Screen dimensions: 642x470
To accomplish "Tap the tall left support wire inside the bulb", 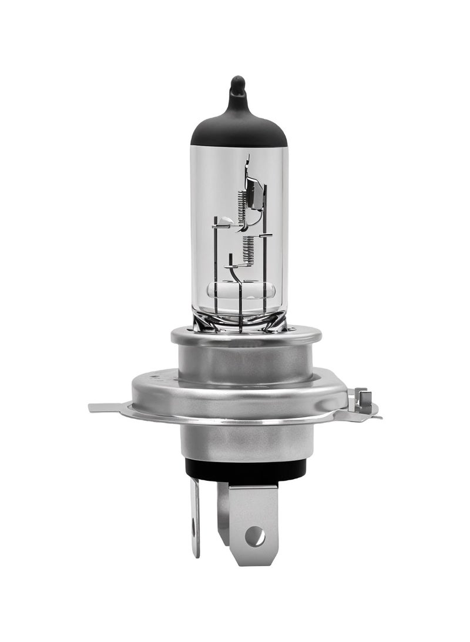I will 216,265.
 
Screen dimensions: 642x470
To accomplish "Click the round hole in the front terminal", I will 255,536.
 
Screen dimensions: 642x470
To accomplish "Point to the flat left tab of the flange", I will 106,407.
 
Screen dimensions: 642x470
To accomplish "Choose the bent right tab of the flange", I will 362,402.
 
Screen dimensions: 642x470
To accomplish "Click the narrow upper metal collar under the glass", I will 246,337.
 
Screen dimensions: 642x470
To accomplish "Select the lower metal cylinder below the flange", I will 246,440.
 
